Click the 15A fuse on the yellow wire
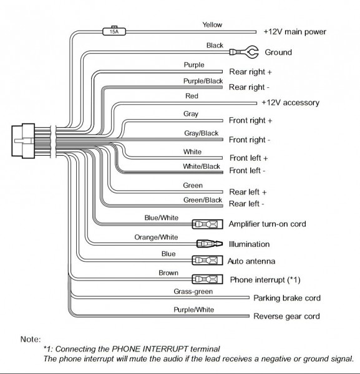pos(114,30)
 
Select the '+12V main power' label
pos(294,31)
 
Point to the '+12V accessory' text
pos(290,102)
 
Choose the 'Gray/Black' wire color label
pos(200,133)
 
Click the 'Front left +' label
pos(248,158)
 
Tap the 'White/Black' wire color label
pos(202,166)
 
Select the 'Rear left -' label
pos(246,203)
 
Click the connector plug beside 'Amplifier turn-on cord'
pos(206,224)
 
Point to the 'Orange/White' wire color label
pos(156,237)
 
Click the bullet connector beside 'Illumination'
pos(207,244)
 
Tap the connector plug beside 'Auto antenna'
pos(206,261)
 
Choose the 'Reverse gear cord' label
pos(286,317)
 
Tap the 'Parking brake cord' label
pos(287,298)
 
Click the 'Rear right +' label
pos(250,72)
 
